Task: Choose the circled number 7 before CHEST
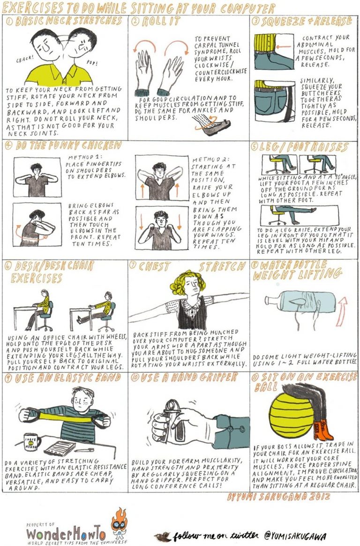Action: click(134, 266)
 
